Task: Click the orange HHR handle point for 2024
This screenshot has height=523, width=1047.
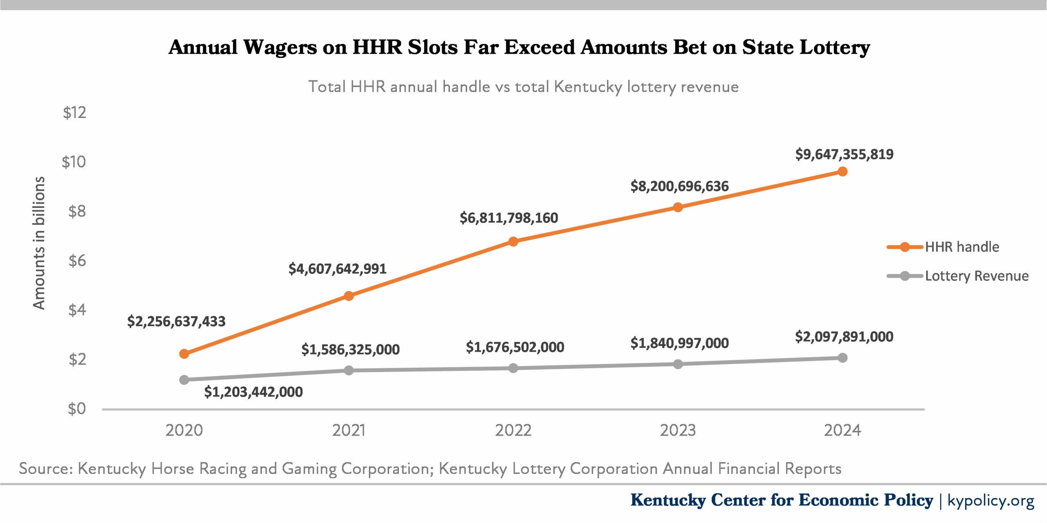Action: (842, 172)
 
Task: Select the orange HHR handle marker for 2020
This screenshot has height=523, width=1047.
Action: (184, 354)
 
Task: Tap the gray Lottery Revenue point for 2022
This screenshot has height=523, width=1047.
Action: (513, 368)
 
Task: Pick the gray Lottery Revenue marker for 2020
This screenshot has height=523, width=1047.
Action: (184, 380)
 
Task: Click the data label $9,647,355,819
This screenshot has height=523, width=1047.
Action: (844, 154)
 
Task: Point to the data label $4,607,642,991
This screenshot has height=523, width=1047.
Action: (337, 269)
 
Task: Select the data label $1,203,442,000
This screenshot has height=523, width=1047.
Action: (254, 392)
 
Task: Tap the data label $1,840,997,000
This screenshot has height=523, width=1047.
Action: (679, 343)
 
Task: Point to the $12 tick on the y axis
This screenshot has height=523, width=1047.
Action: (74, 112)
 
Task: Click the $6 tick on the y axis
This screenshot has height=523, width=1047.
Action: (77, 261)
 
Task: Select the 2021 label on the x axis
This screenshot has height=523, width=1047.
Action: (348, 430)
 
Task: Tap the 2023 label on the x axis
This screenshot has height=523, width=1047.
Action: (678, 430)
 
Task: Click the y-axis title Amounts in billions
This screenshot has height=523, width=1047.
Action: (39, 243)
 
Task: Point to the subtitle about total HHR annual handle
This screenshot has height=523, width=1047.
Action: (523, 87)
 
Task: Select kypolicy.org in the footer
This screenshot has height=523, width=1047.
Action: (991, 500)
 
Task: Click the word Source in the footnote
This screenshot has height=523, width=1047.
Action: (45, 468)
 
